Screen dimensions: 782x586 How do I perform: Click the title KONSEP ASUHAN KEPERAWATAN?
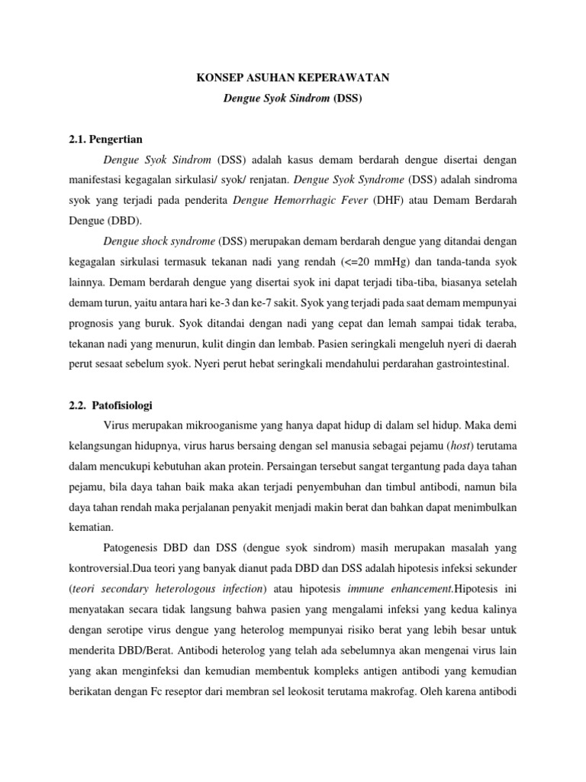[x=292, y=78]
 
